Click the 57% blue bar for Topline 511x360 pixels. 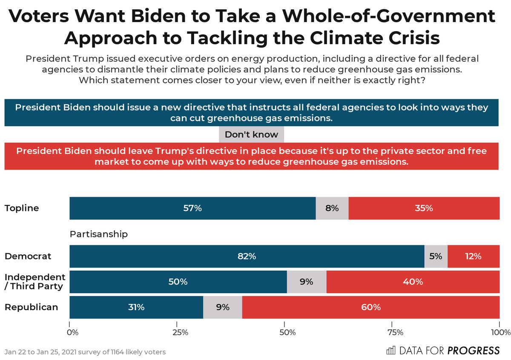[x=192, y=208]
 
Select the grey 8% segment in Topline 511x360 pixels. [x=332, y=208]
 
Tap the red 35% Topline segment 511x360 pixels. [x=424, y=208]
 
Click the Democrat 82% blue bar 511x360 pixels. [x=247, y=256]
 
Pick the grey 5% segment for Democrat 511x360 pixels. [x=436, y=256]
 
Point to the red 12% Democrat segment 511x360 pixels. [x=473, y=256]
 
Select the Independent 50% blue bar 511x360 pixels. [x=178, y=282]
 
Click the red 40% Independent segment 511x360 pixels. [x=413, y=282]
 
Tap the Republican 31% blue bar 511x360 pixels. [x=136, y=307]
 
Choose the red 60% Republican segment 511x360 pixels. [x=370, y=307]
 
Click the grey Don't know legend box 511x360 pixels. [x=251, y=135]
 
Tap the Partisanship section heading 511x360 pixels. [x=99, y=234]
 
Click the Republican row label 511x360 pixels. [x=31, y=307]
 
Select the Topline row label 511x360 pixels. [x=22, y=208]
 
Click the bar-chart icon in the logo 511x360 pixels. [x=390, y=351]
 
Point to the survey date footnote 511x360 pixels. [x=85, y=352]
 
